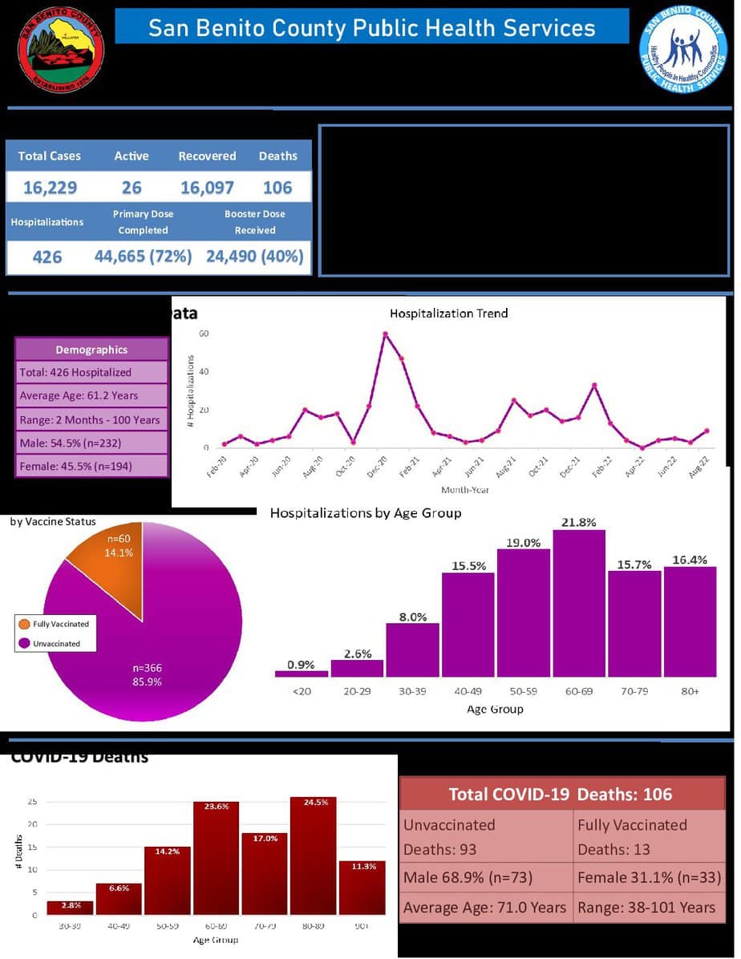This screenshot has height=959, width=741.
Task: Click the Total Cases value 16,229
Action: point(50,188)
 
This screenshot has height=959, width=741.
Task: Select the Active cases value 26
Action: point(132,188)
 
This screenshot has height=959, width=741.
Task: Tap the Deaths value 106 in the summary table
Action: point(277,188)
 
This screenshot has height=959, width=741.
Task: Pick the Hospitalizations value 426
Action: point(47,257)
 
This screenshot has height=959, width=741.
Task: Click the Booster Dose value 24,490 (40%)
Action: point(255,257)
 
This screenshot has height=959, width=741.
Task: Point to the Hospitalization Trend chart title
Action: point(448,313)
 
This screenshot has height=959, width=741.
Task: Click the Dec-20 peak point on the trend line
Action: point(385,334)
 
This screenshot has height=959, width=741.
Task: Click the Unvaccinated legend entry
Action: point(55,644)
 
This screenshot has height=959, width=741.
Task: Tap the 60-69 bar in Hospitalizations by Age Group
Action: point(578,601)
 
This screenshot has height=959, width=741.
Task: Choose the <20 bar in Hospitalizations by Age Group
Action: point(302,673)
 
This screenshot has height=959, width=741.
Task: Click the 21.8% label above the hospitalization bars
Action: point(578,522)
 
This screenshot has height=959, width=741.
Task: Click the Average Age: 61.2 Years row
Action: point(91,395)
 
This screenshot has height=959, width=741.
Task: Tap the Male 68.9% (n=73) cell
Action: point(486,878)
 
